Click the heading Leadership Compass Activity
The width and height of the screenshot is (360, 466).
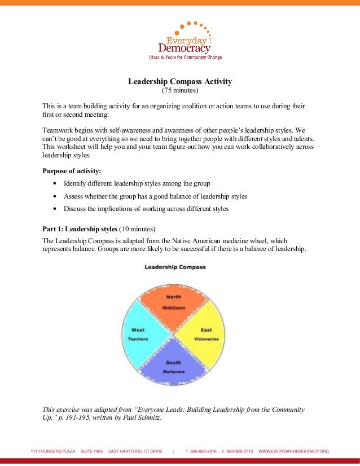[180, 81]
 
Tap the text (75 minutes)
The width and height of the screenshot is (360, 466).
[180, 91]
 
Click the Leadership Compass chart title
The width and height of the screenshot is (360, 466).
[175, 267]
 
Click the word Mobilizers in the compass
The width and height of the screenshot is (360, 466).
[174, 307]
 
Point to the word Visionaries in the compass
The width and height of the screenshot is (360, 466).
[206, 339]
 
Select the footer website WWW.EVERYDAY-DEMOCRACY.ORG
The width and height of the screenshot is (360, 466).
[293, 451]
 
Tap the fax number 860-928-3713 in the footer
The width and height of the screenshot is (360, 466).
[239, 451]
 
